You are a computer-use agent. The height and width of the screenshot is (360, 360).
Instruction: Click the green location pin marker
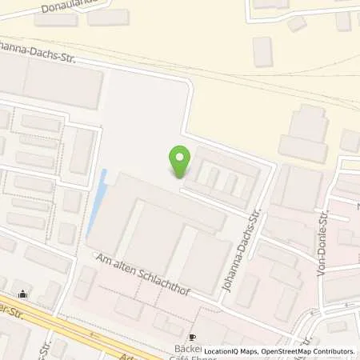(180, 162)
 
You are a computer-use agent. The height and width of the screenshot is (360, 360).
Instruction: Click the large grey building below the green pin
(160, 232)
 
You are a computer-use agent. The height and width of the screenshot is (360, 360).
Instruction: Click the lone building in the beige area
(262, 51)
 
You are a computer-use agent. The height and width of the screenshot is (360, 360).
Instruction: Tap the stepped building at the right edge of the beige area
(304, 132)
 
